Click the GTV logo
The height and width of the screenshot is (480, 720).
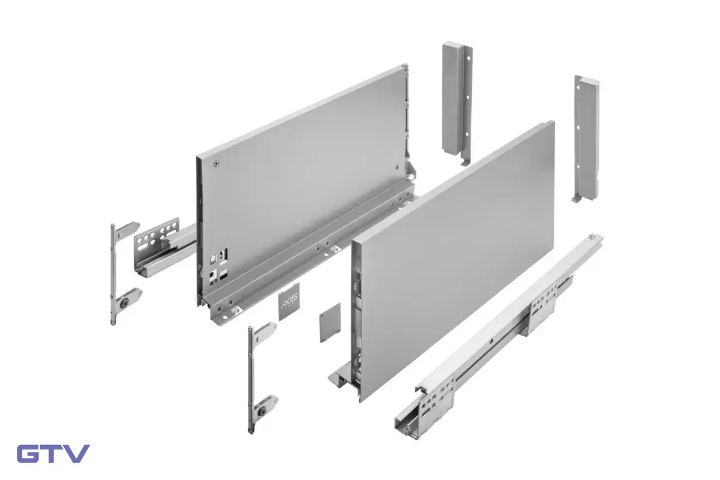[x=53, y=454]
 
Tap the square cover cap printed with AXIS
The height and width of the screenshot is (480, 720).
[x=289, y=302]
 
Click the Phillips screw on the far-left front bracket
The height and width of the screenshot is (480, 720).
[x=125, y=302]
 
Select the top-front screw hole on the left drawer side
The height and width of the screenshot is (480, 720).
[x=217, y=164]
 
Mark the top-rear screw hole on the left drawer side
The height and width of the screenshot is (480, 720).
[x=397, y=167]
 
